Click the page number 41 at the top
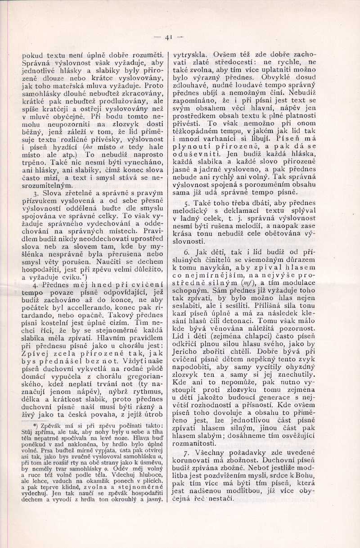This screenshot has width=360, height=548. (170, 37)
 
